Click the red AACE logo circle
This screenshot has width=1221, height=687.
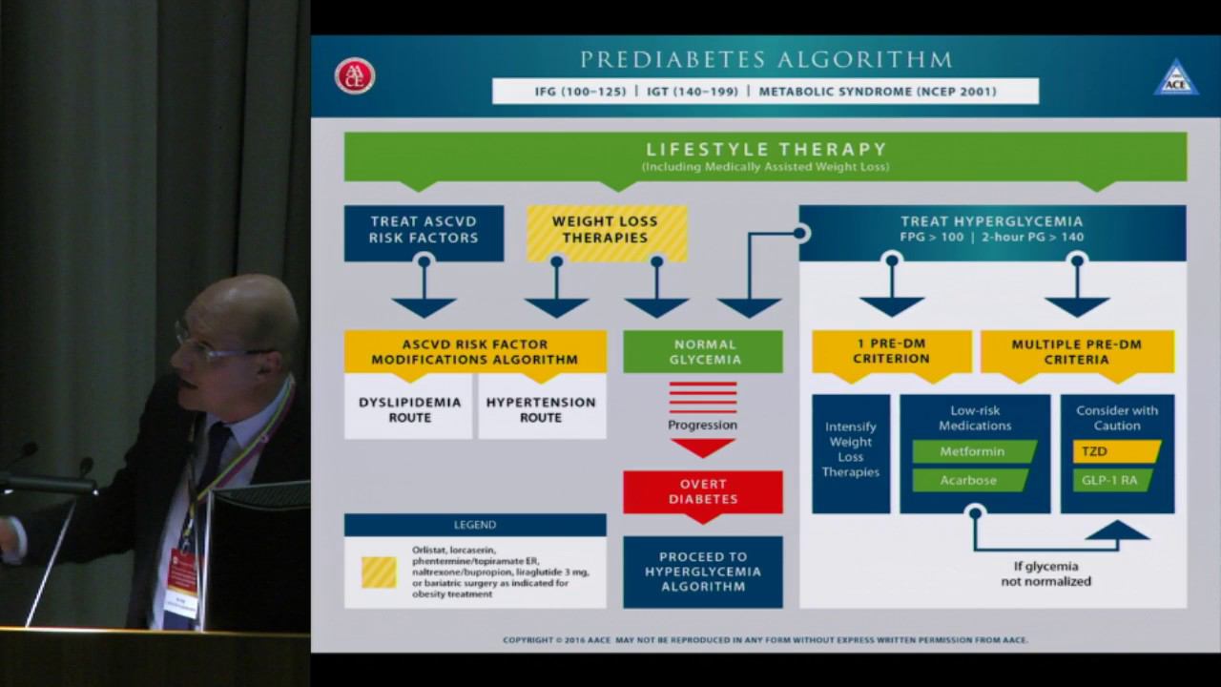[355, 76]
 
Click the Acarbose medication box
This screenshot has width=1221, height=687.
[969, 480]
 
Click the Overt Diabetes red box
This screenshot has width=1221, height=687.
[703, 491]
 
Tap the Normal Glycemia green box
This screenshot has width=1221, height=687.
[703, 351]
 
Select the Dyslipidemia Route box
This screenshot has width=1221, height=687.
[408, 409]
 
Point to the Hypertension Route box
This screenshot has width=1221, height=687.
[541, 409]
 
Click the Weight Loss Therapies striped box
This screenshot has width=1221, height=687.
[606, 230]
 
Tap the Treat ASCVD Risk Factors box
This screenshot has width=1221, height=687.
[424, 230]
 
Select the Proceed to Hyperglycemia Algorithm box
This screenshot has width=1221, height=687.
[703, 571]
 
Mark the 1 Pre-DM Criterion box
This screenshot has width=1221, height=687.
[891, 351]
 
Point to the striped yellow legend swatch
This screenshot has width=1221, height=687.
[379, 572]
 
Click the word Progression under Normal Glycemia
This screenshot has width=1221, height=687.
[703, 425]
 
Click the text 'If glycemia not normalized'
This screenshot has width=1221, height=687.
[1045, 572]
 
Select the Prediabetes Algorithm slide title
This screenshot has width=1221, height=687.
[765, 60]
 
